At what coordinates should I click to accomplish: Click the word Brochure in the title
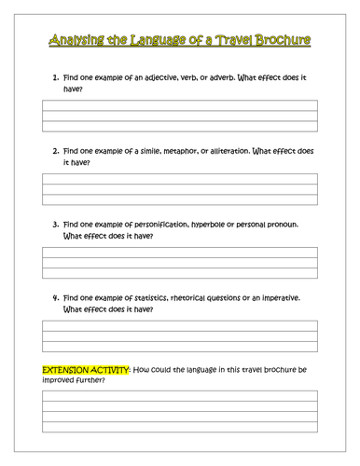pyautogui.click(x=284, y=40)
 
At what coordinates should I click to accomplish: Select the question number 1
pyautogui.click(x=55, y=76)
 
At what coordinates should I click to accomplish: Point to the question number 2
pyautogui.click(x=55, y=149)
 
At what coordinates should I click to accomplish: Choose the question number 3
pyautogui.click(x=55, y=224)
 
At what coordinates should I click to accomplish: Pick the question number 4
pyautogui.click(x=55, y=297)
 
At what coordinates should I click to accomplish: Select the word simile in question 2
pyautogui.click(x=152, y=149)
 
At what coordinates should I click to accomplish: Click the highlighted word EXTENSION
pyautogui.click(x=67, y=370)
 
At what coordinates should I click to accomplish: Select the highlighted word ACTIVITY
pyautogui.click(x=112, y=370)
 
